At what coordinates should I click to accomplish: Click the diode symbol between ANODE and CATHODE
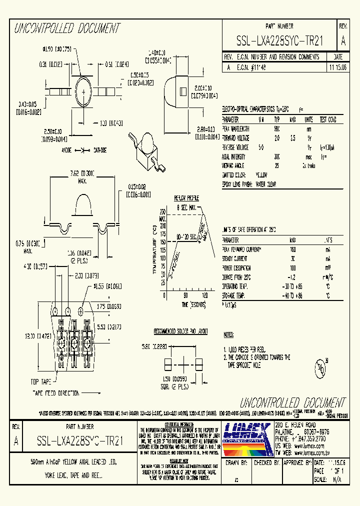click(x=82, y=150)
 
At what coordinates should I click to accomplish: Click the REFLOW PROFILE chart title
click(x=186, y=198)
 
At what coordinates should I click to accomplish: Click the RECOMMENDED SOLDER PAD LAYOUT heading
click(x=180, y=331)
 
